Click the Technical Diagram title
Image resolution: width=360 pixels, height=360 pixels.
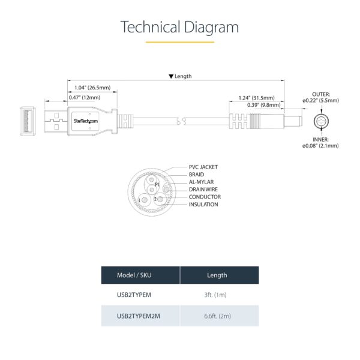pyautogui.click(x=179, y=27)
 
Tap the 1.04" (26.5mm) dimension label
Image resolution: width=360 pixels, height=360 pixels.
pyautogui.click(x=92, y=88)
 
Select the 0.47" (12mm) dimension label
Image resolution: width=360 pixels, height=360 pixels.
pyautogui.click(x=85, y=98)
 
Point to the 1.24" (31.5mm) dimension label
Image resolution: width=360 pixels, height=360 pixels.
pyautogui.click(x=256, y=98)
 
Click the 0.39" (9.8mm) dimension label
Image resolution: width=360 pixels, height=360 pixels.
pyautogui.click(x=264, y=105)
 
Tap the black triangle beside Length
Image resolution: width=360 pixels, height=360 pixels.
pyautogui.click(x=171, y=76)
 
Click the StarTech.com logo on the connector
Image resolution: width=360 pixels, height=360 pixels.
pyautogui.click(x=86, y=121)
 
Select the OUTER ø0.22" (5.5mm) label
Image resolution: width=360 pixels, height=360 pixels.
pyautogui.click(x=321, y=97)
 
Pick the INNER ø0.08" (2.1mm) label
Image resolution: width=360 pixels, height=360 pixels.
pyautogui.click(x=320, y=143)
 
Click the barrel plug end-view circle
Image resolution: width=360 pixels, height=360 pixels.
pyautogui.click(x=321, y=121)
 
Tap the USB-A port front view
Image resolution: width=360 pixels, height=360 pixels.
pyautogui.click(x=28, y=121)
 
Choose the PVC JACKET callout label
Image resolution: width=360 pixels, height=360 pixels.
pyautogui.click(x=203, y=167)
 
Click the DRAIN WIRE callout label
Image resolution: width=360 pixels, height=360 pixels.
pyautogui.click(x=203, y=190)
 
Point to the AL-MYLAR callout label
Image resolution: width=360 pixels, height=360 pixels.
pyautogui.click(x=201, y=182)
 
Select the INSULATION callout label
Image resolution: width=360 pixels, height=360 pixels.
pyautogui.click(x=203, y=205)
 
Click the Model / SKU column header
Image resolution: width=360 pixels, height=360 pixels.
pyautogui.click(x=134, y=275)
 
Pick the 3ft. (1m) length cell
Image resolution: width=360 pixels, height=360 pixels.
pyautogui.click(x=215, y=295)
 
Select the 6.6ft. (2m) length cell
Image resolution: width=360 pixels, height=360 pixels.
pyautogui.click(x=217, y=316)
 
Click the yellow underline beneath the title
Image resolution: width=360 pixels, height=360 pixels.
pyautogui.click(x=180, y=42)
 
